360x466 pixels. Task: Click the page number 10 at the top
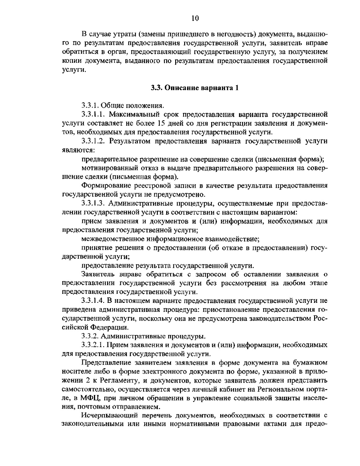(x=195, y=18)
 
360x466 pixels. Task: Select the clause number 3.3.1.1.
(x=93, y=114)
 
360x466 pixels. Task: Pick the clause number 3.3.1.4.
(x=93, y=301)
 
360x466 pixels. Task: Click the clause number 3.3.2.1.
(x=93, y=345)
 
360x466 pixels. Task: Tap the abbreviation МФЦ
(x=90, y=398)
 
